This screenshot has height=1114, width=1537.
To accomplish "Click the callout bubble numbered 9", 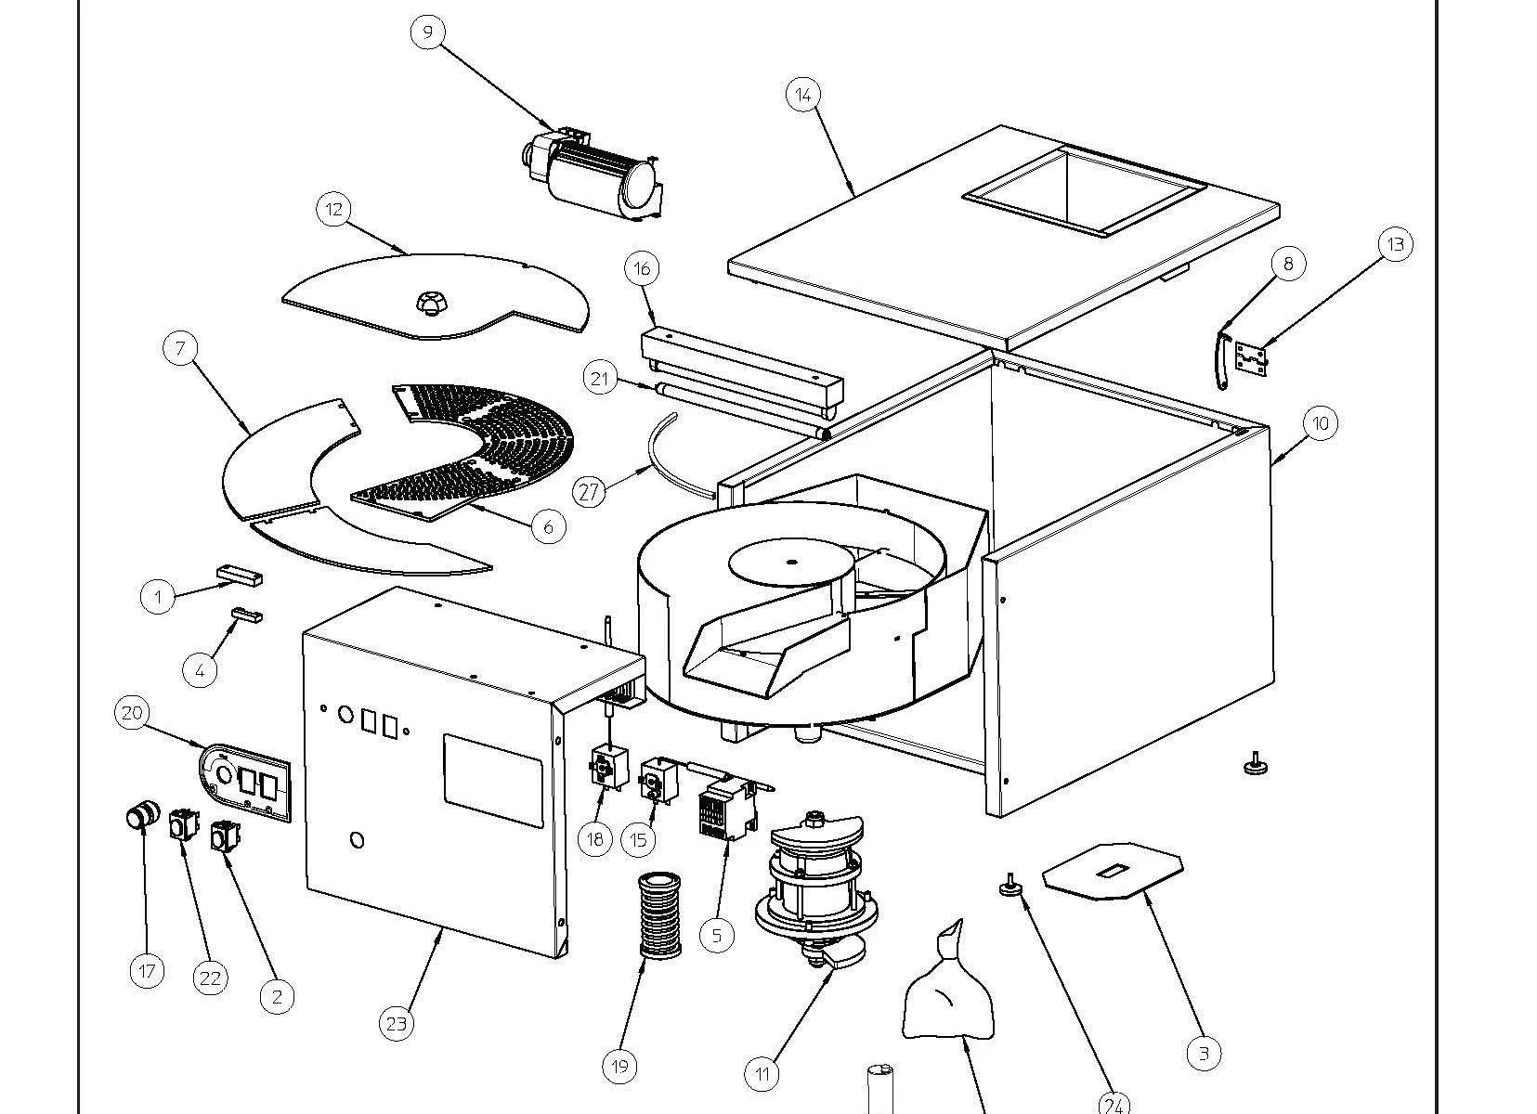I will [x=427, y=32].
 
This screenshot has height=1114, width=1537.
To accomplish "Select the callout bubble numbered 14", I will [x=803, y=94].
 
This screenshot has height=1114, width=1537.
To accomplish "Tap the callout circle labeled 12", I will [x=334, y=210].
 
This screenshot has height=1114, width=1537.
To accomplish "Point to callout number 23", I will [x=397, y=1024].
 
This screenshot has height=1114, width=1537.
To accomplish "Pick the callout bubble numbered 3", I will [x=1204, y=1053].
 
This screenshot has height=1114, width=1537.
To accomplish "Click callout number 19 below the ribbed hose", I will [x=619, y=1067].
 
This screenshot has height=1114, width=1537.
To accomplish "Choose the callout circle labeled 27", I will [x=590, y=491].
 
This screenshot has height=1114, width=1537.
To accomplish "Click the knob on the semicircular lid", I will [x=428, y=301].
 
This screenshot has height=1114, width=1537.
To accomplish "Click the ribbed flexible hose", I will [x=659, y=915].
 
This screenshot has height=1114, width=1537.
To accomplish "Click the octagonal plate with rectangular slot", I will [x=1113, y=870].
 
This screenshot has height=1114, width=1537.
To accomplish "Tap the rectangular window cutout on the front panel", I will [x=492, y=780].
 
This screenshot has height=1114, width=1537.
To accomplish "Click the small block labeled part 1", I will [x=240, y=576].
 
